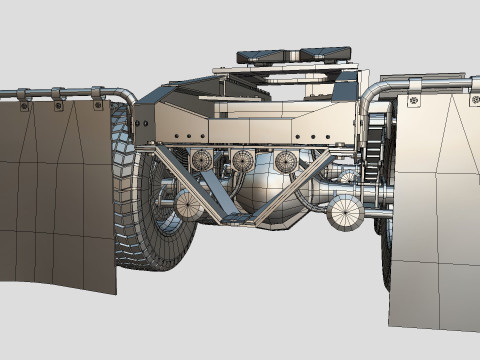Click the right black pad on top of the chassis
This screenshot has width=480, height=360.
(x=325, y=52)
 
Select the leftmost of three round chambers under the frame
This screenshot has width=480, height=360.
(x=201, y=159)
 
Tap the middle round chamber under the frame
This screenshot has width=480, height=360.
(x=243, y=160)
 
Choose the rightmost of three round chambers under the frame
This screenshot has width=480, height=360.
(x=286, y=161)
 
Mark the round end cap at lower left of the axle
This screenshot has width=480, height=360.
(x=189, y=205)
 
